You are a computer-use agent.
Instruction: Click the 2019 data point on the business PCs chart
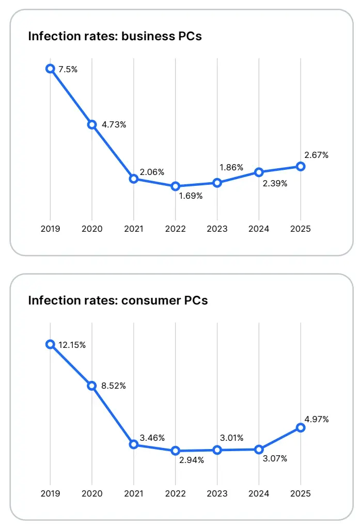[50, 68]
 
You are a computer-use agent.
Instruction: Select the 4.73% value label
[114, 124]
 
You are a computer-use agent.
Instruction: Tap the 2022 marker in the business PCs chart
[176, 186]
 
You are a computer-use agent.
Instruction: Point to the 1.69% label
[191, 196]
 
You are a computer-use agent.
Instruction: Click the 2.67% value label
[316, 155]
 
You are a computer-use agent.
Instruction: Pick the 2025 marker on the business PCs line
[301, 166]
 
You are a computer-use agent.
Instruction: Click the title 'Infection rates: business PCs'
[115, 36]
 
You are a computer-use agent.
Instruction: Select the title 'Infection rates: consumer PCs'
[118, 300]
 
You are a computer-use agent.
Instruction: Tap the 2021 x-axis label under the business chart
[134, 229]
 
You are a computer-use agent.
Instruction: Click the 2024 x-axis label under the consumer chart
[259, 493]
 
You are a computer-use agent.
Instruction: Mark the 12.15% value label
[72, 345]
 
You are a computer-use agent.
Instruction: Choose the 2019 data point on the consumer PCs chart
[50, 344]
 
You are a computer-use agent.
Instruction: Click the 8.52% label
[114, 386]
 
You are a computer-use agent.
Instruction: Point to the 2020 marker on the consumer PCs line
[92, 386]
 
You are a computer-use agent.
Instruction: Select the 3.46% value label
[152, 438]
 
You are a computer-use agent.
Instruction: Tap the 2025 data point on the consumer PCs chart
[301, 427]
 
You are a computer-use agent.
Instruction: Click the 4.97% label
[316, 419]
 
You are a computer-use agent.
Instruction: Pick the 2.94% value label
[191, 460]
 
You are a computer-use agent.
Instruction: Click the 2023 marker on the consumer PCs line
[217, 450]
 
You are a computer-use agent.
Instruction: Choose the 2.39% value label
[274, 183]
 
